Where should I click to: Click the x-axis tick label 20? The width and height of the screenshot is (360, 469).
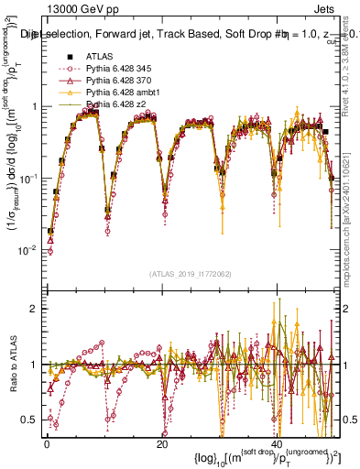pyautogui.click(x=162, y=442)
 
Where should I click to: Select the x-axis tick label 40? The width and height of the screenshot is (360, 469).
pyautogui.click(x=278, y=442)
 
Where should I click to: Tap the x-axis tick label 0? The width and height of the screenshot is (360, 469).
pyautogui.click(x=47, y=442)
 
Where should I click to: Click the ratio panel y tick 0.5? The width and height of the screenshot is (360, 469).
pyautogui.click(x=33, y=420)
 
